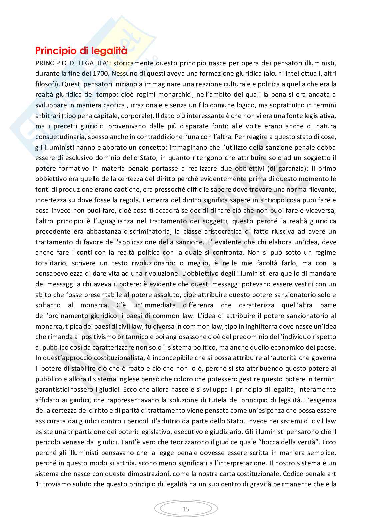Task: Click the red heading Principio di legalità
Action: coord(81,51)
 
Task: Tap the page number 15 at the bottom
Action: coord(186,509)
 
